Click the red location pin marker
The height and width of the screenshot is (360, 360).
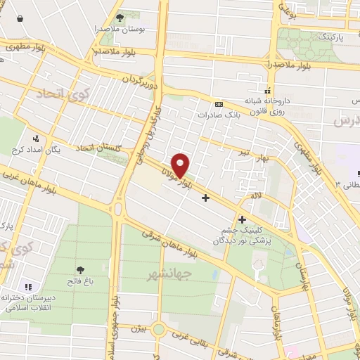coord(181,165)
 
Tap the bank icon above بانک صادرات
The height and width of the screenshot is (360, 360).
coord(219,103)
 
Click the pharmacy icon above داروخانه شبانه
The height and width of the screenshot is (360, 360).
coord(266,90)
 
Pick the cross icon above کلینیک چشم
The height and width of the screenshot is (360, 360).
coord(242,219)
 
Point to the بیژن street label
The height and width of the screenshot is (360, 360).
coord(139,327)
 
